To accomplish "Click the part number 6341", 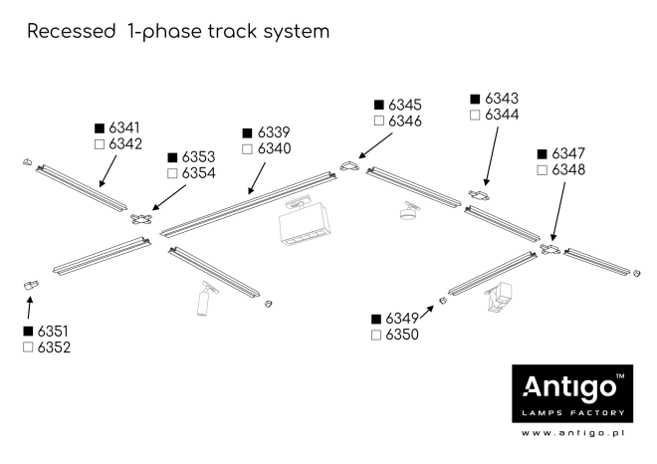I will pyautogui.click(x=124, y=128).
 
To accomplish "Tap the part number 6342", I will pyautogui.click(x=124, y=144).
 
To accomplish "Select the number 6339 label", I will pyautogui.click(x=274, y=132).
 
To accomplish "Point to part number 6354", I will pyautogui.click(x=199, y=173).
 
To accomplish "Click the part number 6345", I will pyautogui.click(x=404, y=105).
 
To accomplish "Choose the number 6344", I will pyautogui.click(x=502, y=116).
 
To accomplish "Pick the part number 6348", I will pyautogui.click(x=568, y=170).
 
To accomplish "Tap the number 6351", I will pyautogui.click(x=54, y=331).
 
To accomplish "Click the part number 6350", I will pyautogui.click(x=403, y=336).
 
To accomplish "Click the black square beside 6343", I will pyautogui.click(x=475, y=100).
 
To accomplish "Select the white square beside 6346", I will pyautogui.click(x=377, y=121).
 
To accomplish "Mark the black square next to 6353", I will pyautogui.click(x=172, y=157).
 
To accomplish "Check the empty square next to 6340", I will pyautogui.click(x=247, y=149).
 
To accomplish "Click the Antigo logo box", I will pyautogui.click(x=569, y=393).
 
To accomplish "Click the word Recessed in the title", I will pyautogui.click(x=71, y=32).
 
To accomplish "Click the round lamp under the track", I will pyautogui.click(x=407, y=212).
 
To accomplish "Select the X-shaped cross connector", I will pyautogui.click(x=142, y=219).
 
